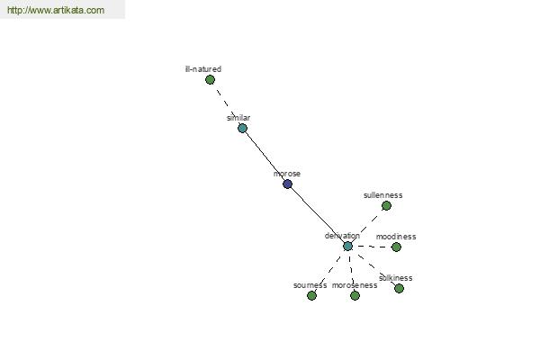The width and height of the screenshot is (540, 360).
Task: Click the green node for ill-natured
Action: pos(210,80)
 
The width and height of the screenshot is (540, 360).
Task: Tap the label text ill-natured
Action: pos(203,69)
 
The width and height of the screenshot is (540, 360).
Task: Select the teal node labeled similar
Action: pos(242,129)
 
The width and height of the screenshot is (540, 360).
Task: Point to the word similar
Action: pos(238,118)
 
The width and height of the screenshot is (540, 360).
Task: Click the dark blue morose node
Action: pos(288,184)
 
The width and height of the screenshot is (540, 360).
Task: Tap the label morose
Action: pos(287,174)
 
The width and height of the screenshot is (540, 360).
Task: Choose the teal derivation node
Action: pos(347,247)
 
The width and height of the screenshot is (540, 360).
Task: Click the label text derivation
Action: pos(342,236)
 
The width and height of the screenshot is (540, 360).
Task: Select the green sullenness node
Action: pos(386,206)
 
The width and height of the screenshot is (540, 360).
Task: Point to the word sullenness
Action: pos(383,195)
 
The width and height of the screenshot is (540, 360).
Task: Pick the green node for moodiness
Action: pos(396,247)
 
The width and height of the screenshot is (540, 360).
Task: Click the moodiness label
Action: pos(396,237)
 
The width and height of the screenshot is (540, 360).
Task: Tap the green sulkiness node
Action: pos(399,288)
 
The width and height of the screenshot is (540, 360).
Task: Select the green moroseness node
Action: pos(355,295)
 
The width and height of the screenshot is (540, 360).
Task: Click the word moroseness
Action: pos(355,285)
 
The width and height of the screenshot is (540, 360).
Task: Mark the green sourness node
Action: pos(311,295)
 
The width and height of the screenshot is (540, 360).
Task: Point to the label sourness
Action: pos(310,285)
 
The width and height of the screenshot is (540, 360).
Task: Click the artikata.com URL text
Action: pos(56,10)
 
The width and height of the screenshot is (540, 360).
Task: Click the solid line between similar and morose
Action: pos(265,157)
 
